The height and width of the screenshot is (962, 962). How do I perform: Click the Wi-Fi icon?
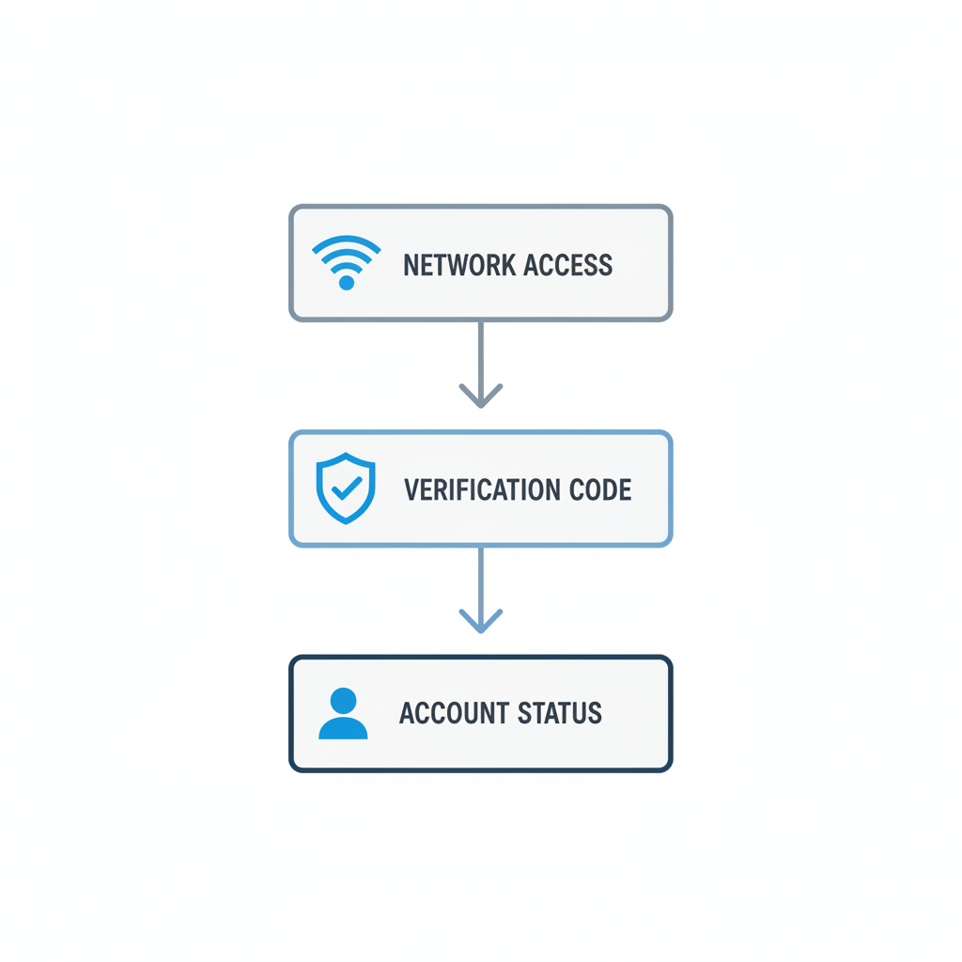tap(347, 263)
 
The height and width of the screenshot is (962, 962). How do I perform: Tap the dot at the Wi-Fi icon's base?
tap(347, 282)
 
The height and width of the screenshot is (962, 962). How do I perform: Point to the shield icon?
tap(346, 489)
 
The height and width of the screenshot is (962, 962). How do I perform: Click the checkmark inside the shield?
tap(347, 489)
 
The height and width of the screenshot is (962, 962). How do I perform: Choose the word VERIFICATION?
tap(482, 489)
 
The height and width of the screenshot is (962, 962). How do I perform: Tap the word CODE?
tap(600, 489)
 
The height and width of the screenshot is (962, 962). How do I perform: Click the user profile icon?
tap(343, 713)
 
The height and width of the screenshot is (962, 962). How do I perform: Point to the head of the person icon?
tap(343, 701)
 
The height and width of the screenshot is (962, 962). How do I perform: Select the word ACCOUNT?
tap(455, 713)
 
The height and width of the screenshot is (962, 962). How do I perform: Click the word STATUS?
tap(560, 713)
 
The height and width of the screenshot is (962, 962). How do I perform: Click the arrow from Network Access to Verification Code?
tap(481, 365)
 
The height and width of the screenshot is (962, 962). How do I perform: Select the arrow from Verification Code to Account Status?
tap(481, 590)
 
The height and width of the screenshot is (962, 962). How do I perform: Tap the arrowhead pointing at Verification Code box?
tap(481, 396)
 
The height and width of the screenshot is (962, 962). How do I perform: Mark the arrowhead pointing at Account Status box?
tap(481, 621)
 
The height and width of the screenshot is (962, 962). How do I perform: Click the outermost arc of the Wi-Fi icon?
tap(347, 243)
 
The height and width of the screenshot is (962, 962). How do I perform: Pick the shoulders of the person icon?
tap(343, 728)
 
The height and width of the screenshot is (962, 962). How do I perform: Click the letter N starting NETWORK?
tap(410, 265)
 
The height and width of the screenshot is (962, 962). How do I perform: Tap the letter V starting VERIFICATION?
tap(411, 489)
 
